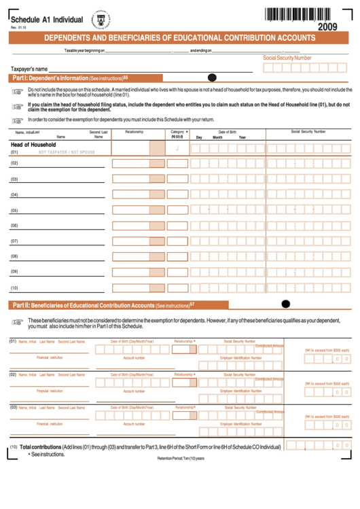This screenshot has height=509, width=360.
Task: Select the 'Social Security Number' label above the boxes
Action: pos(287,58)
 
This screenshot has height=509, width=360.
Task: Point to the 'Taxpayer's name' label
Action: pos(29,69)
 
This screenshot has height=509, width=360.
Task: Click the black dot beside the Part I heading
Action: pos(212,78)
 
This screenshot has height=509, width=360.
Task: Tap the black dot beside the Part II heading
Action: pos(285,304)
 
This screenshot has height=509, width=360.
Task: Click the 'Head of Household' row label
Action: pos(33,145)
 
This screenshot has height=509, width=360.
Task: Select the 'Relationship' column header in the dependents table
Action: pos(134,132)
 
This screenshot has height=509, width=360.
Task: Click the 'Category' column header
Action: pos(178,132)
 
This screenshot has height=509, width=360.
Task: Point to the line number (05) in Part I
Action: pos(14,211)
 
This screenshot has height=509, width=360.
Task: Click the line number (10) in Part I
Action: pos(14,288)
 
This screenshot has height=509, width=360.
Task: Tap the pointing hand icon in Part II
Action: pos(18,321)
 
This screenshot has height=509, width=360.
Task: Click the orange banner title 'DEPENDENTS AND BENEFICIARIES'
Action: pos(180,39)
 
